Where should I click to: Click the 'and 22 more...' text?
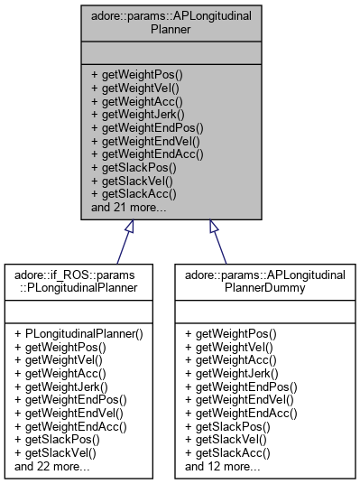(51, 467)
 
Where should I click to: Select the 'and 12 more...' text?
(223, 467)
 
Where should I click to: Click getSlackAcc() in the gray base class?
(133, 193)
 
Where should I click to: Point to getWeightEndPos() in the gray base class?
(147, 127)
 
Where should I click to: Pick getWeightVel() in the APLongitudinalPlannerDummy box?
(229, 345)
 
